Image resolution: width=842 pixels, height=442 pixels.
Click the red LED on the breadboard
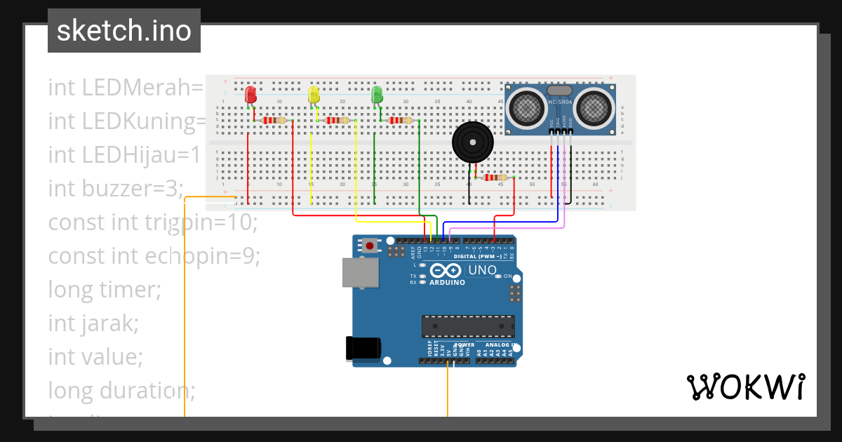click(x=250, y=95)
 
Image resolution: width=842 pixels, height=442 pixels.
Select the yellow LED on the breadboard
click(x=314, y=95)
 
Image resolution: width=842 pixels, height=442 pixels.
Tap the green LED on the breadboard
click(x=377, y=95)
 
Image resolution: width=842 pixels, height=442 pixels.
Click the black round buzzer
click(x=472, y=143)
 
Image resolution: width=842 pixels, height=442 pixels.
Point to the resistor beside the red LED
click(x=274, y=121)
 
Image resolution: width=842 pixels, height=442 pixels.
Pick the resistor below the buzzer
click(x=495, y=178)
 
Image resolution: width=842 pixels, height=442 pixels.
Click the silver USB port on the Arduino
click(x=361, y=272)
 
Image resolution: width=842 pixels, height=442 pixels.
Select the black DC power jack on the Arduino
click(x=364, y=349)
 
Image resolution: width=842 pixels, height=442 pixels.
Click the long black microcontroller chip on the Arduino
click(x=467, y=326)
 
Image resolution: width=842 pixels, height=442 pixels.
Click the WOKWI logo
click(x=745, y=387)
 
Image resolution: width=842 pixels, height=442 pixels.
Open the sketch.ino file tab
click(x=124, y=31)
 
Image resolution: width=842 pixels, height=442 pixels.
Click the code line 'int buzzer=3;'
click(x=116, y=188)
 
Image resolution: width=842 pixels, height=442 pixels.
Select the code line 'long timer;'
click(x=105, y=289)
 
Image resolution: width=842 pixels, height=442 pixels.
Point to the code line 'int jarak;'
click(x=93, y=323)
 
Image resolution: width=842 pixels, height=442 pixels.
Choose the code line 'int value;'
click(x=95, y=356)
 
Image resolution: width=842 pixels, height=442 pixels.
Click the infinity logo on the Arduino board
click(x=446, y=271)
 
